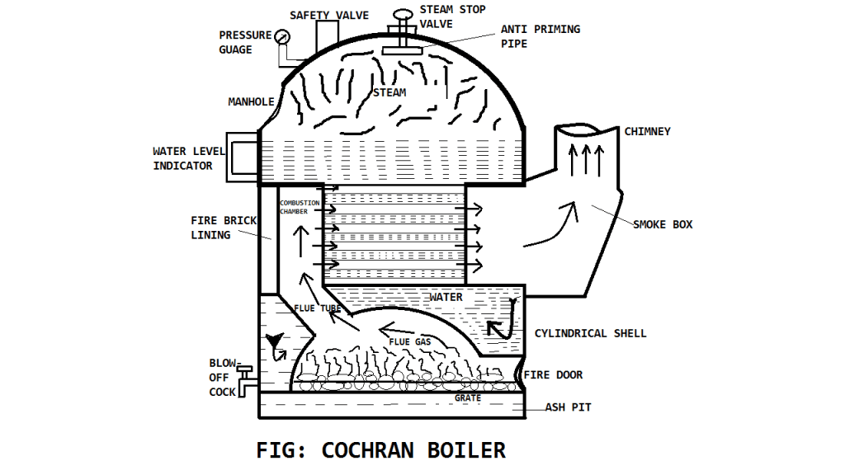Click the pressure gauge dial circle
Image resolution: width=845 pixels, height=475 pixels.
click(283, 37)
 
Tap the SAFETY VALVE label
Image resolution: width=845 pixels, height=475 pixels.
click(329, 16)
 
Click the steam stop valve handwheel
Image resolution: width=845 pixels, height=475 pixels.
click(404, 16)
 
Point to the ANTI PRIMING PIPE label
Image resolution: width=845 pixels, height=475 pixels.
click(540, 35)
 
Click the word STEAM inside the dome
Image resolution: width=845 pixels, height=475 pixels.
click(389, 92)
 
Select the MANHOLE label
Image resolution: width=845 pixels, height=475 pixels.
click(251, 102)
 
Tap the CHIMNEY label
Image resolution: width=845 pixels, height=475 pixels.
click(647, 132)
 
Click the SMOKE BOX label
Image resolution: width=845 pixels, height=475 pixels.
click(663, 224)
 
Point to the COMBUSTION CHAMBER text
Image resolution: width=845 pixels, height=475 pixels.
click(299, 207)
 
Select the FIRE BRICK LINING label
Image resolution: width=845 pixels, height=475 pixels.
click(224, 228)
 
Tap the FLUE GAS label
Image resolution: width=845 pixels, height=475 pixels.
click(409, 341)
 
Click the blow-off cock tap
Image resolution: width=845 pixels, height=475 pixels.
click(245, 381)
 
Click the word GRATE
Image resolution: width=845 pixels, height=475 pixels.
click(467, 398)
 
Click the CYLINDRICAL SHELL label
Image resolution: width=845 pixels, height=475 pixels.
click(590, 334)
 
